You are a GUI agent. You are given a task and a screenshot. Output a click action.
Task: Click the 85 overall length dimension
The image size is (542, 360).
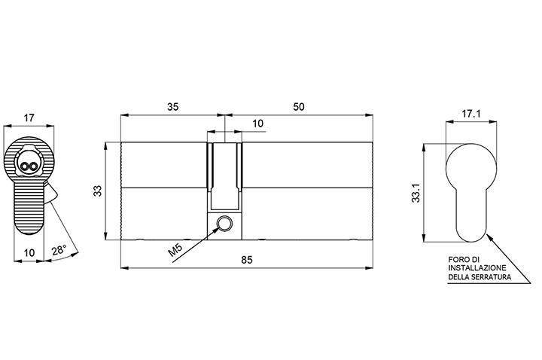point(247,259)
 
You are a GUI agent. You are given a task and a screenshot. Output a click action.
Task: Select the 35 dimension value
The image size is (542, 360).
point(173,107)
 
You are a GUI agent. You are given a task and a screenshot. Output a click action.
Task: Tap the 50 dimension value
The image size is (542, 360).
point(299,107)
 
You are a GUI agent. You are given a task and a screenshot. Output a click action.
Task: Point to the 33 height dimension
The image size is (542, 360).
point(98,191)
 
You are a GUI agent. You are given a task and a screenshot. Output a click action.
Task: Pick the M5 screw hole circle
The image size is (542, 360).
point(224,223)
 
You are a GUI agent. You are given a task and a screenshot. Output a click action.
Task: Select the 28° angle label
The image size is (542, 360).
point(59,250)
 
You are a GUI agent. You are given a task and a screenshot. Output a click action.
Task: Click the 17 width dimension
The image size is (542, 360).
point(29,117)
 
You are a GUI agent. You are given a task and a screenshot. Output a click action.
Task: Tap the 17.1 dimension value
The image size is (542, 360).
point(471,114)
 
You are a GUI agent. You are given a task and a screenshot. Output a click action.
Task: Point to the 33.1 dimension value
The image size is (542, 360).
point(416,193)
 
